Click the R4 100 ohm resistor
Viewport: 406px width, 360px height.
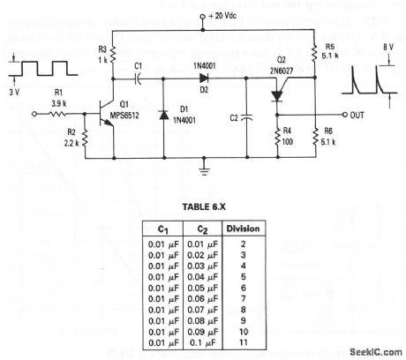tap(282, 135)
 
